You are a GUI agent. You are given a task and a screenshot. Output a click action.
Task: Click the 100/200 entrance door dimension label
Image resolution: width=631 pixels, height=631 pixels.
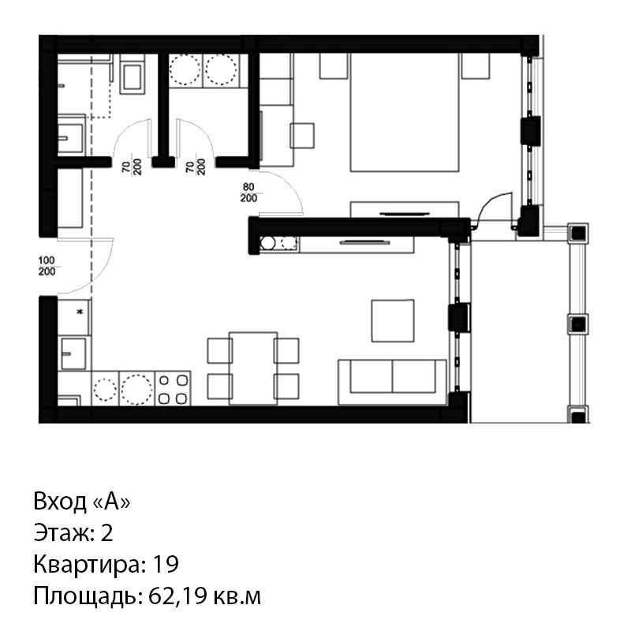tap(47, 266)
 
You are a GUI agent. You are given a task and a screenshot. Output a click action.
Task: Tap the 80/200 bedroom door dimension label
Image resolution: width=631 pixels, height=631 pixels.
tap(248, 192)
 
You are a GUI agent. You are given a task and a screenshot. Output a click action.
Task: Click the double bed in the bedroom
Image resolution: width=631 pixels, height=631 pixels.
tap(405, 112)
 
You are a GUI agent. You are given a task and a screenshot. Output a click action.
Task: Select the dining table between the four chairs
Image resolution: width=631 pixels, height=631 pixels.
tap(253, 368)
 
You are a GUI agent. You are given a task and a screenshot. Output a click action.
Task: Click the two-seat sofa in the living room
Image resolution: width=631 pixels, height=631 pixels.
tap(392, 382)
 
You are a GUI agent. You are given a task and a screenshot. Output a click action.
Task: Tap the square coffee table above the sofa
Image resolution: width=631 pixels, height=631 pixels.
tap(393, 321)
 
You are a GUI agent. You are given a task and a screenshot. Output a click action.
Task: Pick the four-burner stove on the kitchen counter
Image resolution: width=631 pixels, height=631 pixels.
tap(173, 388)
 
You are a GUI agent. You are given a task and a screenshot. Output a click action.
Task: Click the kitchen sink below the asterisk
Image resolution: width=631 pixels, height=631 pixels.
tap(73, 353)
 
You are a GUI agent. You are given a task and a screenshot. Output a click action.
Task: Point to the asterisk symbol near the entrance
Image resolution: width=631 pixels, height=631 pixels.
tap(80, 311)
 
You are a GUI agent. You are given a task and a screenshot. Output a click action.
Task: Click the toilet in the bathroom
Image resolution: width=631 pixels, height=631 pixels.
tap(133, 77)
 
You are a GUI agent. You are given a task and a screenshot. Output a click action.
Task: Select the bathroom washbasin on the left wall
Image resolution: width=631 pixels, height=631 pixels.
tap(70, 138)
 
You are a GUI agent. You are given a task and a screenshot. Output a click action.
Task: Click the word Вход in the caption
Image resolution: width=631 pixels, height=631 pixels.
tap(60, 502)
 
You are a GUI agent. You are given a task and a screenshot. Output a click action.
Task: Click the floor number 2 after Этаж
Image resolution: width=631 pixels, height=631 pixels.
tap(106, 533)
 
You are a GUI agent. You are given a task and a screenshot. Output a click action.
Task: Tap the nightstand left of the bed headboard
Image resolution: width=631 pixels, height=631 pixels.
tap(334, 66)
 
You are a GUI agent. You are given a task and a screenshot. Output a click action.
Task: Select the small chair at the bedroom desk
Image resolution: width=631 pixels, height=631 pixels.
tap(302, 136)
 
